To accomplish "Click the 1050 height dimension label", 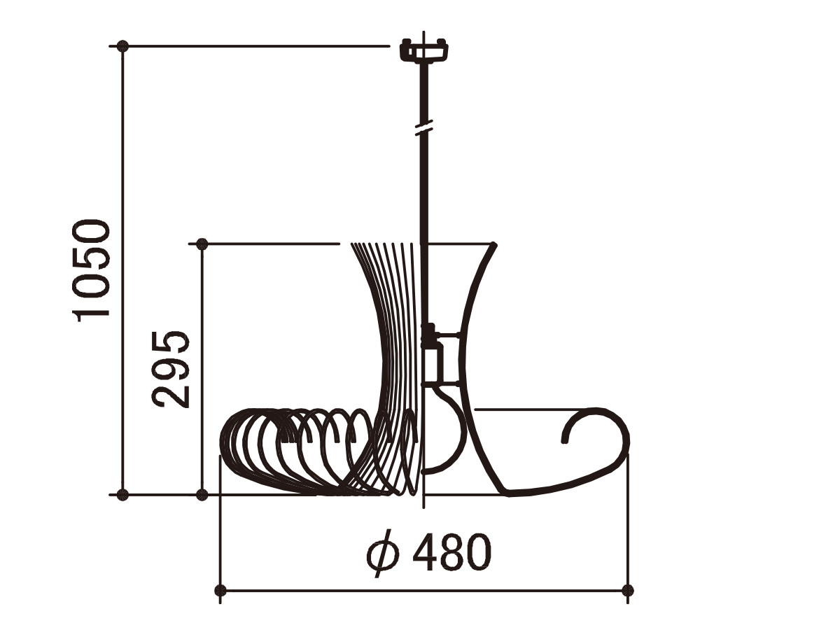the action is (91, 271).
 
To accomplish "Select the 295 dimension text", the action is (171, 369).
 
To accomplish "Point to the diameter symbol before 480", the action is (383, 554).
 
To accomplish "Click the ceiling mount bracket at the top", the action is (424, 50).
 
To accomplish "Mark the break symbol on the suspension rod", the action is (424, 127).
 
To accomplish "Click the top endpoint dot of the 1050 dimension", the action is (122, 46).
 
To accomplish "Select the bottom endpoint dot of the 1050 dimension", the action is (122, 495).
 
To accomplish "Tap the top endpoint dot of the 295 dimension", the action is (202, 244).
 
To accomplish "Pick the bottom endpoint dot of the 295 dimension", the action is (202, 495).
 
